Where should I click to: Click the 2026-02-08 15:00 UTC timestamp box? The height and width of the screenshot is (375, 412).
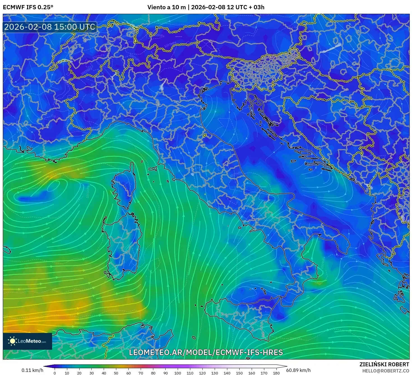(50, 27)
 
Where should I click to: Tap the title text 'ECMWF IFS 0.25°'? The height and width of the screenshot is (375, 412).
(28, 7)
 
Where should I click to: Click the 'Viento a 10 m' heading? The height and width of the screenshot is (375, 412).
(166, 7)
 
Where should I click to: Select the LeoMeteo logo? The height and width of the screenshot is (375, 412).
(27, 341)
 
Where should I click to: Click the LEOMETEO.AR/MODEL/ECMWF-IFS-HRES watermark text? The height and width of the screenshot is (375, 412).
(206, 352)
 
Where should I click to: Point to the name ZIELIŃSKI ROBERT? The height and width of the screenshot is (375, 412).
(384, 364)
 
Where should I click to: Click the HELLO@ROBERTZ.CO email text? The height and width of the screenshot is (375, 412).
(385, 371)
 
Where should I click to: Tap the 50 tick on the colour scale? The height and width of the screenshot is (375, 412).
(116, 373)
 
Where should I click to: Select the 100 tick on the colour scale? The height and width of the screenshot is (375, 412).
(178, 373)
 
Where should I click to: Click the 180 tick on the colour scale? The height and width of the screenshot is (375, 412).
(276, 373)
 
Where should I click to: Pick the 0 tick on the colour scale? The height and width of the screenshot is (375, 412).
(55, 373)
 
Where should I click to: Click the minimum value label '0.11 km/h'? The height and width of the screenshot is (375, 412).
(33, 370)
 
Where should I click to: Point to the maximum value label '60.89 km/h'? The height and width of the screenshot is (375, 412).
(298, 370)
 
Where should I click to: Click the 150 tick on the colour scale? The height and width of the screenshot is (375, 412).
(239, 373)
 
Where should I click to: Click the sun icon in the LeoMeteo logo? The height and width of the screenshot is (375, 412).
(12, 341)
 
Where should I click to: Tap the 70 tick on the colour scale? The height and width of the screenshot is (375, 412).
(141, 373)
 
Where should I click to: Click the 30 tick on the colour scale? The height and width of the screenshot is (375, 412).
(91, 373)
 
